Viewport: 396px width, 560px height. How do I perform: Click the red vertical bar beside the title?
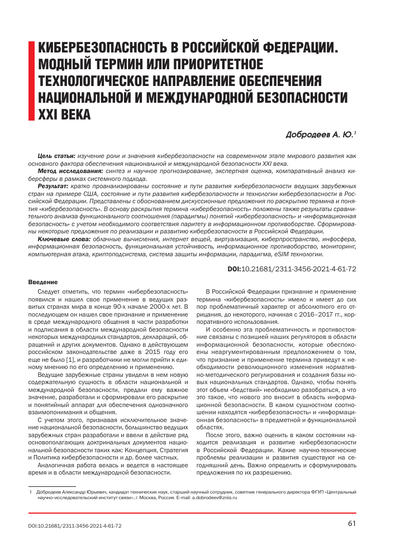[32, 80]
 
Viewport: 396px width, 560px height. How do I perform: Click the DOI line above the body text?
[292, 269]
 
